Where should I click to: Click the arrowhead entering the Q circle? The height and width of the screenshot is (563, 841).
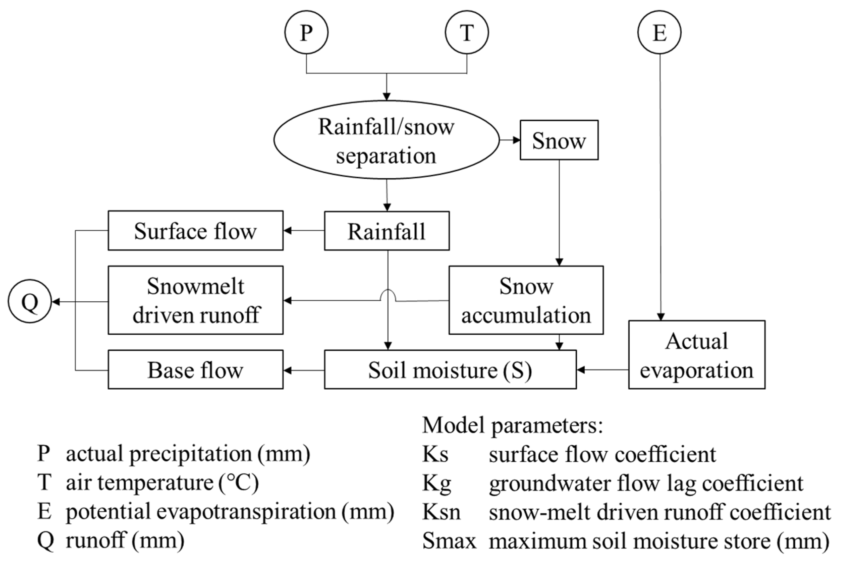pos(56,302)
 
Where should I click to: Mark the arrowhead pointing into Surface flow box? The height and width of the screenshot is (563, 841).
pos(287,231)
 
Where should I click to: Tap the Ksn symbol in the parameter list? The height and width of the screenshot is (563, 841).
pos(441,512)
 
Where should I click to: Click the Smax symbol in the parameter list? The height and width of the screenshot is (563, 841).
pos(449,541)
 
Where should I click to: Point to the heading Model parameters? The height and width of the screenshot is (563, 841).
pos(512,426)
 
